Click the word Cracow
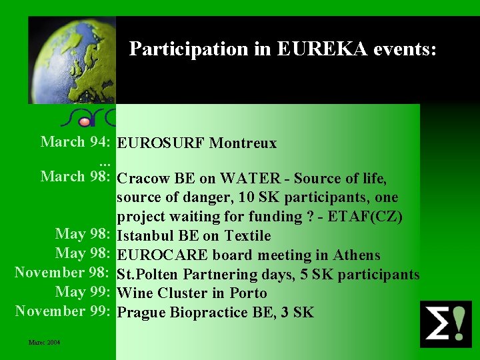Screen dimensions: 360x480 pyautogui.click(x=143, y=179)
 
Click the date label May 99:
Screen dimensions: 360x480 pyautogui.click(x=83, y=293)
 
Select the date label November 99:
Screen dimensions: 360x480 pyautogui.click(x=62, y=311)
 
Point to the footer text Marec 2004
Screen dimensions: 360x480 pyautogui.click(x=44, y=343)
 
